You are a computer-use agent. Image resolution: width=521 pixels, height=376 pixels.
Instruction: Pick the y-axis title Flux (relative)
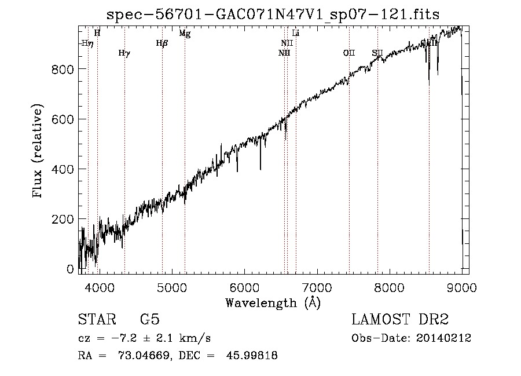tap(39, 152)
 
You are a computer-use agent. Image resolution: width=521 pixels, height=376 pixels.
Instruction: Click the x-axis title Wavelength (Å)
tap(273, 302)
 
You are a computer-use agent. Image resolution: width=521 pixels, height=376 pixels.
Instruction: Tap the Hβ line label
tap(162, 43)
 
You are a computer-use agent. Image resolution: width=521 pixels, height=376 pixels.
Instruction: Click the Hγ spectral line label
tap(124, 53)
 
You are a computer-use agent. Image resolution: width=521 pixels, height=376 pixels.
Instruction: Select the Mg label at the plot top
tap(185, 34)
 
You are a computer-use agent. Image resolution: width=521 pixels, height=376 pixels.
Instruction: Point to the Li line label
tap(296, 34)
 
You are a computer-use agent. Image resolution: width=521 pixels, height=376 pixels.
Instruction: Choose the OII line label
tap(348, 53)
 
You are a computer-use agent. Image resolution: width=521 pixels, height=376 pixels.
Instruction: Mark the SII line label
tap(377, 53)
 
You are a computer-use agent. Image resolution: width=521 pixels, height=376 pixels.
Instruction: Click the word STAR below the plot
tap(96, 320)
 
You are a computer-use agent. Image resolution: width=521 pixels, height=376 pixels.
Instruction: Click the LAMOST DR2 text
tap(399, 320)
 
